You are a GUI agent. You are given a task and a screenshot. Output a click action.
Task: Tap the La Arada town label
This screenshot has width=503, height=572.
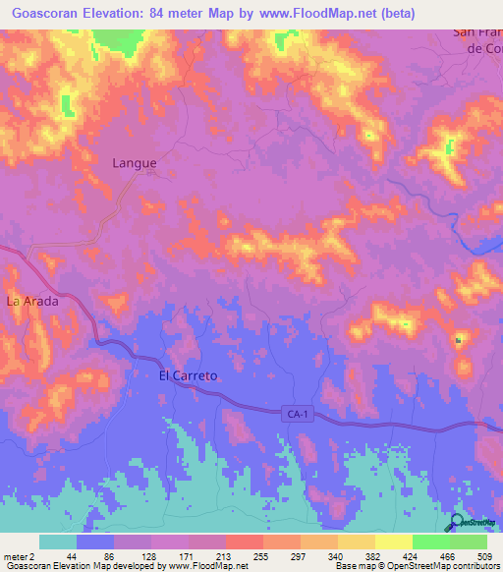[33, 302]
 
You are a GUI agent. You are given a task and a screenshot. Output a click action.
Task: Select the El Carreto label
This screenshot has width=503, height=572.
[188, 375]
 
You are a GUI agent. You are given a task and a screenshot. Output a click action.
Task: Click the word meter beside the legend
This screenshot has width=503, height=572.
[16, 555]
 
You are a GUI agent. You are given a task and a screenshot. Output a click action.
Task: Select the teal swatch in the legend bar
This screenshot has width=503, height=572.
[58, 542]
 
